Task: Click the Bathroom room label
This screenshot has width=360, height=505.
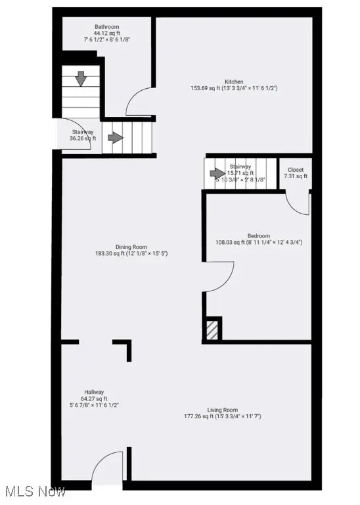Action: click(106, 27)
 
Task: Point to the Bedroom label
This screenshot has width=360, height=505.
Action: click(258, 235)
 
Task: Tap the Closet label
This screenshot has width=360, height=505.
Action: click(296, 170)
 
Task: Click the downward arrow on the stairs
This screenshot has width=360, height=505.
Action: click(81, 79)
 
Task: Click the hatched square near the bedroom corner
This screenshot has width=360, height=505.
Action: click(212, 329)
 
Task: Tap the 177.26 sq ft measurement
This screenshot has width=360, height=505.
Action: click(223, 416)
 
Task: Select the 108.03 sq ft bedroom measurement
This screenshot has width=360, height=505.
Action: click(258, 242)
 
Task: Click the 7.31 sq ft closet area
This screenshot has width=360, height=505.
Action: click(296, 176)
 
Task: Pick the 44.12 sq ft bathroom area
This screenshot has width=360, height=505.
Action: click(106, 34)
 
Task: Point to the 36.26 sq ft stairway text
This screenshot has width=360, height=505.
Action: click(83, 139)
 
